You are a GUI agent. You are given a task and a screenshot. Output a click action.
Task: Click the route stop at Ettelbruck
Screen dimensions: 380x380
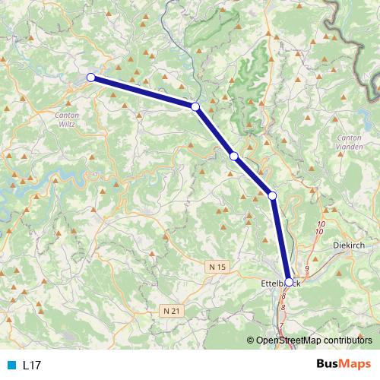tap(289, 282)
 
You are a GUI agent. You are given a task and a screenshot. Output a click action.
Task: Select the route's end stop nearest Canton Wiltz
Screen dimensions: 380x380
tap(90, 77)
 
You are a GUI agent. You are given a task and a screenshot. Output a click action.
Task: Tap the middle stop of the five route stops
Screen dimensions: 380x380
tap(234, 156)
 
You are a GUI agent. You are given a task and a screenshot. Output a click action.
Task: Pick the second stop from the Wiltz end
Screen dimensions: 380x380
tap(195, 106)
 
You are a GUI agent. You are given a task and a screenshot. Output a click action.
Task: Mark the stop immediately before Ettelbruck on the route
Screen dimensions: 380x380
tap(273, 196)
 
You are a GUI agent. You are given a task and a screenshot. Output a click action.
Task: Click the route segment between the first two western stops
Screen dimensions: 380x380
tap(143, 91)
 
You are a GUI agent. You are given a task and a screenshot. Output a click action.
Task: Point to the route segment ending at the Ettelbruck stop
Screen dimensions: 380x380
tap(280, 239)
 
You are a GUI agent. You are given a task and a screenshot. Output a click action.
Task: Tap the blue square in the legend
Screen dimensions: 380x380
tap(11, 365)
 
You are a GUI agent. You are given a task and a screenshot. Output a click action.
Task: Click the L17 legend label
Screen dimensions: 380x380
tap(32, 365)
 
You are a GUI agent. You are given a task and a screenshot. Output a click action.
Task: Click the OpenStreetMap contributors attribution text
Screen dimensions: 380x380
tap(313, 340)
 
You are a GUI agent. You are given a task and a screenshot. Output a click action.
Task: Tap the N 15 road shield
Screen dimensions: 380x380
tap(217, 266)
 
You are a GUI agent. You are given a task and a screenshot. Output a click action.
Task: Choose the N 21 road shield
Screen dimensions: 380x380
tap(172, 310)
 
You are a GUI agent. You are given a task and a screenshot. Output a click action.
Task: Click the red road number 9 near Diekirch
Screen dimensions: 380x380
tap(306, 269)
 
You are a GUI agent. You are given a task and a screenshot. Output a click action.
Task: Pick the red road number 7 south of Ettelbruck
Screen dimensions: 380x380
tap(280, 326)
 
